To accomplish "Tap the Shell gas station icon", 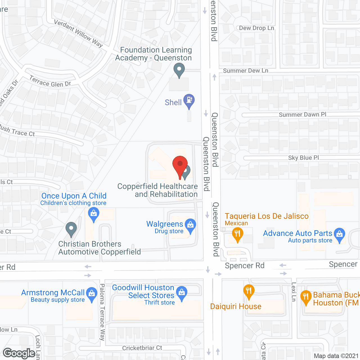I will click(189, 100).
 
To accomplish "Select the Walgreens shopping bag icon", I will click(190, 225).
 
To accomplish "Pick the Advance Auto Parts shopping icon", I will click(340, 235).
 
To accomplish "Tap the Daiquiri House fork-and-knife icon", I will click(249, 291).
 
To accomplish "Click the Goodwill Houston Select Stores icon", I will click(182, 293).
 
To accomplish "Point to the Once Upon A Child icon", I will click(94, 214).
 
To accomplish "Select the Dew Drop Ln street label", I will click(256, 28).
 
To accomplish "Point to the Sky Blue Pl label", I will click(304, 158).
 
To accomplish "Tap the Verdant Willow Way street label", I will click(78, 34).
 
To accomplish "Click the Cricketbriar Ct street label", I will click(142, 348).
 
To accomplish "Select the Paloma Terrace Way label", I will click(102, 312).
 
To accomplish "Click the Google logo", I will click(19, 353).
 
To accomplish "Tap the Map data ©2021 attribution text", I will click(336, 356).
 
